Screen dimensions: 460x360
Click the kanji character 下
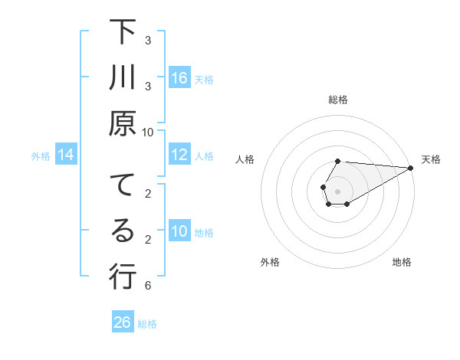click(x=123, y=34)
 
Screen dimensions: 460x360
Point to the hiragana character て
click(x=123, y=186)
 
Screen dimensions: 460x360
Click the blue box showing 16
click(x=179, y=77)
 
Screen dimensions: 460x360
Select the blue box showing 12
click(x=179, y=155)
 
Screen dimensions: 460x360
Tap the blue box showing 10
click(x=179, y=231)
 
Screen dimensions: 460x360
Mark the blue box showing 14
click(x=66, y=155)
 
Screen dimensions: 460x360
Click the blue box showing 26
click(x=123, y=322)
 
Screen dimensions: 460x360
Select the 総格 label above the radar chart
click(x=338, y=100)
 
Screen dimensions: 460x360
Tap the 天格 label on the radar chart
click(x=431, y=159)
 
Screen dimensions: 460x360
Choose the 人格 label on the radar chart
click(x=245, y=159)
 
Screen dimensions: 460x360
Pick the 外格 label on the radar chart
click(x=270, y=262)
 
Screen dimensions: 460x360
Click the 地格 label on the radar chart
click(x=402, y=262)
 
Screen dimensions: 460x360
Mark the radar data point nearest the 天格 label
click(x=411, y=168)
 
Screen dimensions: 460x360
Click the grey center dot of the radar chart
click(x=338, y=191)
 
